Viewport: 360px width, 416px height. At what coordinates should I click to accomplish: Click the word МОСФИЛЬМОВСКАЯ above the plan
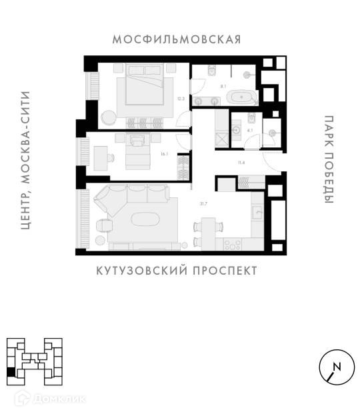point(177,39)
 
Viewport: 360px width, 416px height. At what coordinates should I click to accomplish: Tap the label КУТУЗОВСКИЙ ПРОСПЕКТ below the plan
point(177,271)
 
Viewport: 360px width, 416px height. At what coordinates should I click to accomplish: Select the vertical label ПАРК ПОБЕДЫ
point(329,159)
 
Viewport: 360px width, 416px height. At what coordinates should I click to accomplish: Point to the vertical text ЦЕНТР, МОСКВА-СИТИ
point(25,160)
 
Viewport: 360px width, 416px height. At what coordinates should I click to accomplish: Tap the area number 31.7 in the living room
point(203,204)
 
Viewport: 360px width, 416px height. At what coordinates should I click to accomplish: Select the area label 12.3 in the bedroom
point(181,99)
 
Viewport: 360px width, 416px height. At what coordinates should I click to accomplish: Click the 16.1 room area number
point(165,153)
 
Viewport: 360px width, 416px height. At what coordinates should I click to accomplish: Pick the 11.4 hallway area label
point(241,163)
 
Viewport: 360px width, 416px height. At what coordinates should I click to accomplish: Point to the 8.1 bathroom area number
point(223,86)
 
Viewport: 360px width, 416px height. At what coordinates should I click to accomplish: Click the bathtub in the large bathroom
point(241,97)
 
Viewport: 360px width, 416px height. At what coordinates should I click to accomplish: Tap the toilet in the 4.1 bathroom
point(251,118)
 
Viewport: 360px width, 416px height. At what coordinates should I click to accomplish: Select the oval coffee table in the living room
point(145,219)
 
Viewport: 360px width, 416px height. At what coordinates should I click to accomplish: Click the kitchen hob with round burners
point(233,244)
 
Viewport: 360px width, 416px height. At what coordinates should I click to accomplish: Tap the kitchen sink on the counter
point(257,212)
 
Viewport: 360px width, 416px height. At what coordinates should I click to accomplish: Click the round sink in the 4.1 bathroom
point(236,130)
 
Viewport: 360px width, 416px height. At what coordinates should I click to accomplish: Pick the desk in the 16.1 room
point(101,158)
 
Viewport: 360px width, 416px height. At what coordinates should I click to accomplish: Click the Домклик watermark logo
point(50,399)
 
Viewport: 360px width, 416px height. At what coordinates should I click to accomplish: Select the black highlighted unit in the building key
point(11,372)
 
